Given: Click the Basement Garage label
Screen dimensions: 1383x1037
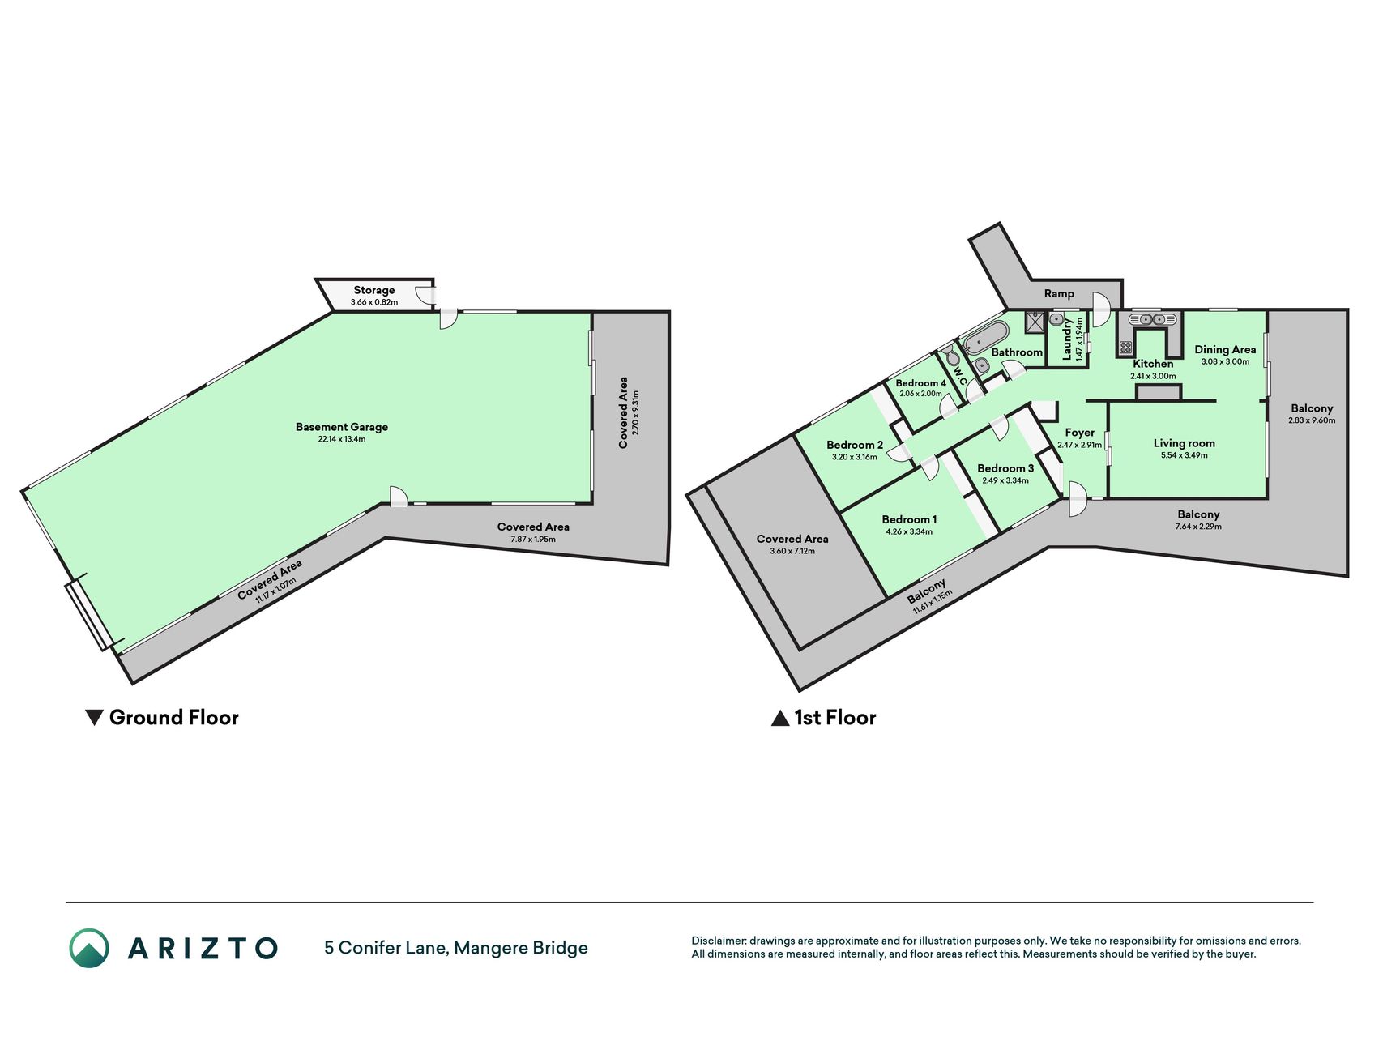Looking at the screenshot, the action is [x=341, y=427].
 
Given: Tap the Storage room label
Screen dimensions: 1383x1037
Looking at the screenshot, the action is [x=373, y=290].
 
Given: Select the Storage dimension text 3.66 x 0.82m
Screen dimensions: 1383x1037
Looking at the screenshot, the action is [x=373, y=302].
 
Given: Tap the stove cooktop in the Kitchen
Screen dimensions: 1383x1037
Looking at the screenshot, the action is [x=1125, y=347].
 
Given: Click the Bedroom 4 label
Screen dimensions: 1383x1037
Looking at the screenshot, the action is [x=920, y=383].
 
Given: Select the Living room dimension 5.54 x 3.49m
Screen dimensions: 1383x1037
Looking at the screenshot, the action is [x=1184, y=455].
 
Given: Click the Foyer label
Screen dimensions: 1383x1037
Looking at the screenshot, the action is [x=1079, y=433].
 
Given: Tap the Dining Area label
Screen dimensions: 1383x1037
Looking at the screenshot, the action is [x=1225, y=350].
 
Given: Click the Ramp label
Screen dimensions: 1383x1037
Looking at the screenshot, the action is [x=1059, y=294].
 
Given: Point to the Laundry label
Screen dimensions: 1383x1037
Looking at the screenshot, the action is [x=1067, y=339].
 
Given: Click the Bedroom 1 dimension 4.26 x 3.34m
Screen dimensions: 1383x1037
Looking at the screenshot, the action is [x=909, y=532].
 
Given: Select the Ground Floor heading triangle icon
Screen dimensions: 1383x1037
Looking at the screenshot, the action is [x=94, y=718].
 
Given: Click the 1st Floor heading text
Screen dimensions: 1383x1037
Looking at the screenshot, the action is [x=834, y=718].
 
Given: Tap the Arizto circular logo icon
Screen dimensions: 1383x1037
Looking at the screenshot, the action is [x=88, y=948].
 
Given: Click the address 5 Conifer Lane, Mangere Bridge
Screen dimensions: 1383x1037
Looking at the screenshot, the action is [x=456, y=948].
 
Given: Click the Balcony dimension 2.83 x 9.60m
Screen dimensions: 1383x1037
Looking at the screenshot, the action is [x=1312, y=420].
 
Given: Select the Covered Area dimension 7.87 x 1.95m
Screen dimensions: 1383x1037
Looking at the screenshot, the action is [x=533, y=539].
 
